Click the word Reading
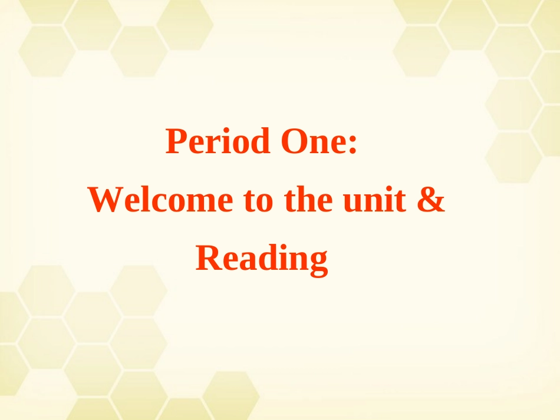(x=261, y=259)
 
